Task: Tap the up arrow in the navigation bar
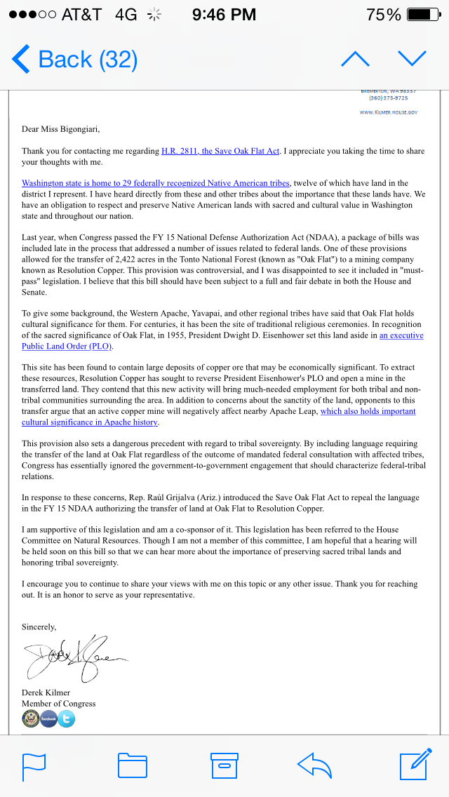point(355,59)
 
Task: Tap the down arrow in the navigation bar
point(412,59)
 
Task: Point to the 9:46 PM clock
point(224,14)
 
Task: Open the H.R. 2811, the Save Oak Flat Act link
point(221,151)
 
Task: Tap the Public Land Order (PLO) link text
point(67,346)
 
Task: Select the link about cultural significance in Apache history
point(90,422)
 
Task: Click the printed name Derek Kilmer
point(46,692)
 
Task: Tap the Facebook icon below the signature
point(48,718)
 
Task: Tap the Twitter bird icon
point(66,718)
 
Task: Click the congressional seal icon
point(31,718)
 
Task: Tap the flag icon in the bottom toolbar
point(34,765)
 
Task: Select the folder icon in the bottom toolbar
point(132,765)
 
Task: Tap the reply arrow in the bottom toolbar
point(314,765)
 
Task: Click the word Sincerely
point(39,627)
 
